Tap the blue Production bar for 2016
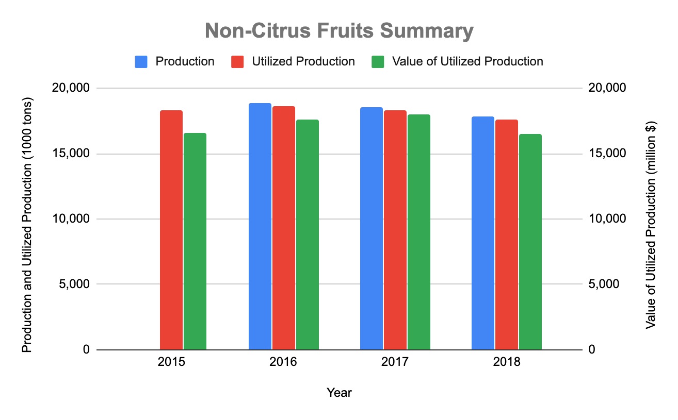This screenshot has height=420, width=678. coord(260,226)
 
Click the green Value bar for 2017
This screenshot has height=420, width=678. coord(419,232)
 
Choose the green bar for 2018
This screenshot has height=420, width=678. coord(530,242)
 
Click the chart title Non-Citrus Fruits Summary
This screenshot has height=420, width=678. coord(339,31)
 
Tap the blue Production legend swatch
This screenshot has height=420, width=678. coord(141,62)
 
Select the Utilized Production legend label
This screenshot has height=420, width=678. coord(303,62)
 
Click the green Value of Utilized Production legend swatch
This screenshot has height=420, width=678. coord(378,62)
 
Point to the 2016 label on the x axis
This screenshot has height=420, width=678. coord(283,362)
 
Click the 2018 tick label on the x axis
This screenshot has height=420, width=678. coord(507,362)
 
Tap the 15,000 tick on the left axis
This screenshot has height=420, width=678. coord(72,154)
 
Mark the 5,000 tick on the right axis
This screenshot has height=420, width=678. coord(603,284)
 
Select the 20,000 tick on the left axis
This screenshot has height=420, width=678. coord(72,88)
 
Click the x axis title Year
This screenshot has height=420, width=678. coord(339,393)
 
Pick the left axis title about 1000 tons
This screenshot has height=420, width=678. coord(27,219)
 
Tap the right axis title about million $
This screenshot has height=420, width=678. coord(651,219)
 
